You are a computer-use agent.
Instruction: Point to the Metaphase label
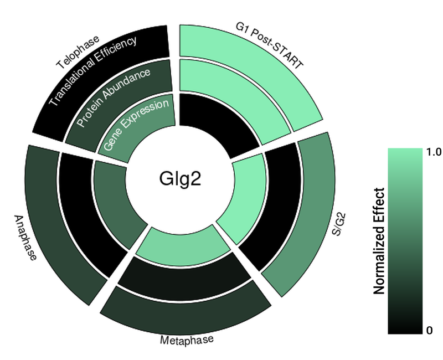coord(187,339)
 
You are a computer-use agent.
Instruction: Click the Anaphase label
coord(25,238)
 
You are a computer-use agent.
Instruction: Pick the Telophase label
coord(78,53)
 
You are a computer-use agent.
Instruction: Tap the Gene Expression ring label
coord(136,126)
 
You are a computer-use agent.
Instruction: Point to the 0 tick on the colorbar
coord(430,331)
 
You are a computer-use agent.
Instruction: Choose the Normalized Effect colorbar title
coord(379,241)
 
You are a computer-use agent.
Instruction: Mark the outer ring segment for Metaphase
coord(186,310)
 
